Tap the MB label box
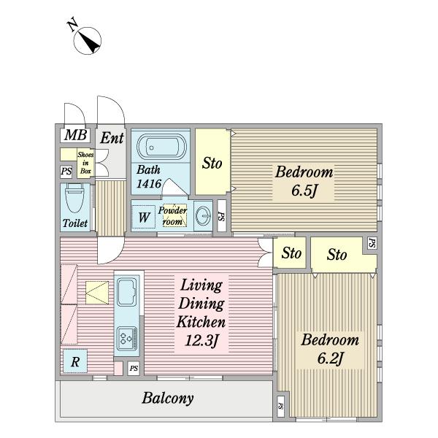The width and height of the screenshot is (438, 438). coord(75,136)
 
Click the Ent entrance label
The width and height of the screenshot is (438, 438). coord(112,138)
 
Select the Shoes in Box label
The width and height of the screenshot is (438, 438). coord(85,163)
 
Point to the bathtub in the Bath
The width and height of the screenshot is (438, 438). coord(161,147)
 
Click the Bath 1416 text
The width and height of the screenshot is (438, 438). coord(149,177)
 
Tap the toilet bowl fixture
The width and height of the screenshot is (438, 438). coord(74,198)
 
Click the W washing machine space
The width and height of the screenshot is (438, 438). coord(144,217)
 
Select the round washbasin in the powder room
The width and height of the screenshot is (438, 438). coord(203,215)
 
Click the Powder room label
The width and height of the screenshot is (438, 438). coord(172,216)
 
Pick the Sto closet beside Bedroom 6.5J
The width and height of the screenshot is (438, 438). coord(212,162)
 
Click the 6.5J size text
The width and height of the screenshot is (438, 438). coord(304,191)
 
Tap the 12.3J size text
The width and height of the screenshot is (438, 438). coord(201,340)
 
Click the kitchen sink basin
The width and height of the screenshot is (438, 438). coord(127,291)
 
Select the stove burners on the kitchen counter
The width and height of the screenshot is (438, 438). coord(127,339)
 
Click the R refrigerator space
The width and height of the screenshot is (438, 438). coord(75,361)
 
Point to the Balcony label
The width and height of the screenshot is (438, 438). coord(168,399)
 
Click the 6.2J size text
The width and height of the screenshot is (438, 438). coord(330,358)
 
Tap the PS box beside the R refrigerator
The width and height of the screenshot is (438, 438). coord(134,369)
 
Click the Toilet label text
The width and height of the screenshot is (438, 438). coord(75,223)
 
